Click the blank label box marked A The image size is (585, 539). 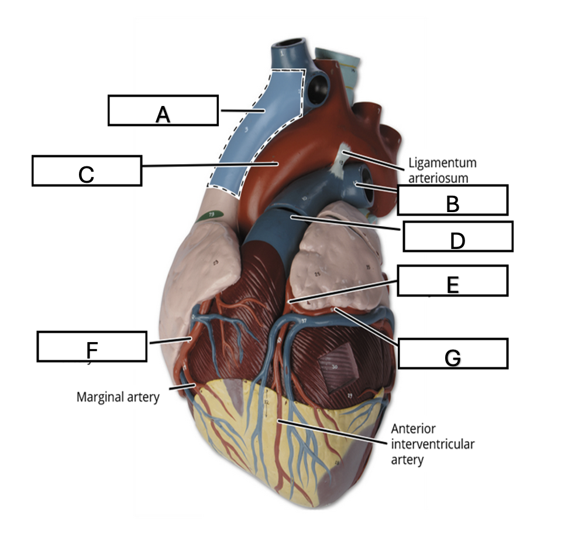[163, 110]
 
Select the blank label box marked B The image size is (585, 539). [452, 200]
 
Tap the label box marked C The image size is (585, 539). [87, 170]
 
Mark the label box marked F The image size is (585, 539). [91, 346]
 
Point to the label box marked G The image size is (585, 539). [452, 353]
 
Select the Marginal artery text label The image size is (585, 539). [118, 397]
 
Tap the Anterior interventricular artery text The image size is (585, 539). [432, 444]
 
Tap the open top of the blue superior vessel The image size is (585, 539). [291, 46]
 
